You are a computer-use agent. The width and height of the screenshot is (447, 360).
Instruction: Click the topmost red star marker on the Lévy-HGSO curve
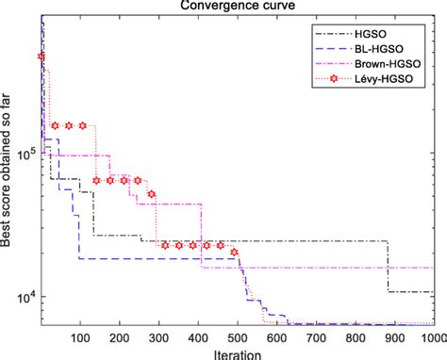[41, 57]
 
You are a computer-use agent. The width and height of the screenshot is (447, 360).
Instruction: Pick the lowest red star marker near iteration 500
[235, 253]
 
